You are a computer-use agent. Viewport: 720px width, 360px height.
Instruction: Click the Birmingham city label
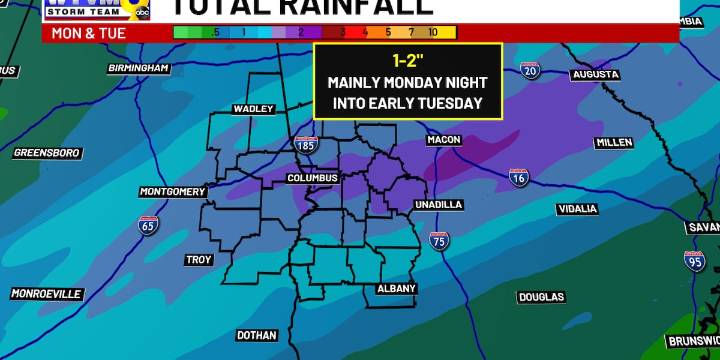click(x=139, y=68)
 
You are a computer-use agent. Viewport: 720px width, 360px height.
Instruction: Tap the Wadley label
click(x=253, y=109)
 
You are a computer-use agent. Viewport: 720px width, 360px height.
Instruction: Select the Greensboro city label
click(x=46, y=153)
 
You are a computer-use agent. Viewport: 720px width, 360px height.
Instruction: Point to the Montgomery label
click(x=172, y=191)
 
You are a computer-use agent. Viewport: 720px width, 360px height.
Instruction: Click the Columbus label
click(x=313, y=178)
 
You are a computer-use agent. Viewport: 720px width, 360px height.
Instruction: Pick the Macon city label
click(x=443, y=140)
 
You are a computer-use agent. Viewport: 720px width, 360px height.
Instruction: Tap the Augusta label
click(x=596, y=75)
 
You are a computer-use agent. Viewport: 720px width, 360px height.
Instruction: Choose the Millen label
click(x=614, y=143)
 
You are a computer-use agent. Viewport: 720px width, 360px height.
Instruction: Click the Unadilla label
click(x=439, y=204)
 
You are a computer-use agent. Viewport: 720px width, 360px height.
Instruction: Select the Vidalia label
click(x=577, y=209)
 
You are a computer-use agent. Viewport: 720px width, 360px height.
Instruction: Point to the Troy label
click(x=199, y=260)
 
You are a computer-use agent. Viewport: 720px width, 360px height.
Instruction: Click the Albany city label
click(x=396, y=289)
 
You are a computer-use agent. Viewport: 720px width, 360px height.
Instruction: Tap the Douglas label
click(x=541, y=297)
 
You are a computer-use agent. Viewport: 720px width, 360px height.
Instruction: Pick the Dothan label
click(x=257, y=335)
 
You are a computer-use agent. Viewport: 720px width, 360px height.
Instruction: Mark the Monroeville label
click(x=46, y=294)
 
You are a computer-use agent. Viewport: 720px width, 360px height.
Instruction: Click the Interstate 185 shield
click(x=306, y=145)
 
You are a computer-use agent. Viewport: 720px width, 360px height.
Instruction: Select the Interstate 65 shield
click(x=147, y=224)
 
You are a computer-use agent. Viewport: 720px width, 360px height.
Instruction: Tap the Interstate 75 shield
click(x=439, y=240)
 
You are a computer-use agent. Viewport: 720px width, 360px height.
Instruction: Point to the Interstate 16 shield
click(x=518, y=177)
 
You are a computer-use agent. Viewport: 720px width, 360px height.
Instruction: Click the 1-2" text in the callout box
click(x=407, y=59)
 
